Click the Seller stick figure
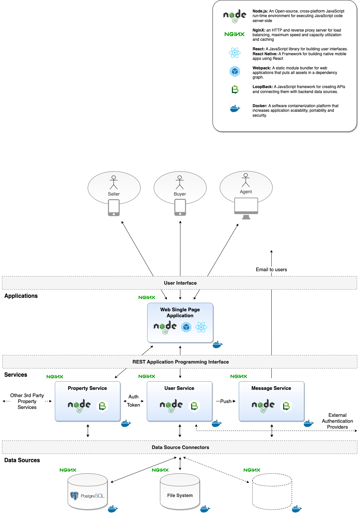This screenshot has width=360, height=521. pos(114,182)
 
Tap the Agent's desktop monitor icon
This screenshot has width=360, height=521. pos(246,208)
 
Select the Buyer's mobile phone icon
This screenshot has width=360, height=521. pos(180,207)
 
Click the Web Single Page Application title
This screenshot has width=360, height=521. pos(180,313)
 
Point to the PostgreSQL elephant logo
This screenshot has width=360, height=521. pos(75,496)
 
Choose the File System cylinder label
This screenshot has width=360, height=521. pos(180,495)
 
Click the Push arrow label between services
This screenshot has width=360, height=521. pos(226,401)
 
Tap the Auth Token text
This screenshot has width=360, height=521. pos(133,401)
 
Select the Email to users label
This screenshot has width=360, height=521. pos(271,270)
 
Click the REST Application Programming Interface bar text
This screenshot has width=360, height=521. pos(180,362)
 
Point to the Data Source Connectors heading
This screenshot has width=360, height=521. pos(180,447)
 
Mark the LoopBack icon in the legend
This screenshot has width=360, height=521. pos(235,89)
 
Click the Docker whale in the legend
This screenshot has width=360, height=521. pos(235,108)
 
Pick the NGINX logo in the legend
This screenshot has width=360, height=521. pos(235,34)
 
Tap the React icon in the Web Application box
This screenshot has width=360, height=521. pos(201,327)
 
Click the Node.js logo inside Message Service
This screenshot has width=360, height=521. pos(263,406)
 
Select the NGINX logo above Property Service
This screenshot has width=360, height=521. pos(55,377)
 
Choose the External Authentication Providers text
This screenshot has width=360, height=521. pos(337,421)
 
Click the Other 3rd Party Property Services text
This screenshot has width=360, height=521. pos(27,401)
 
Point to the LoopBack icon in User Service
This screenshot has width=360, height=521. pos(194,406)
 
